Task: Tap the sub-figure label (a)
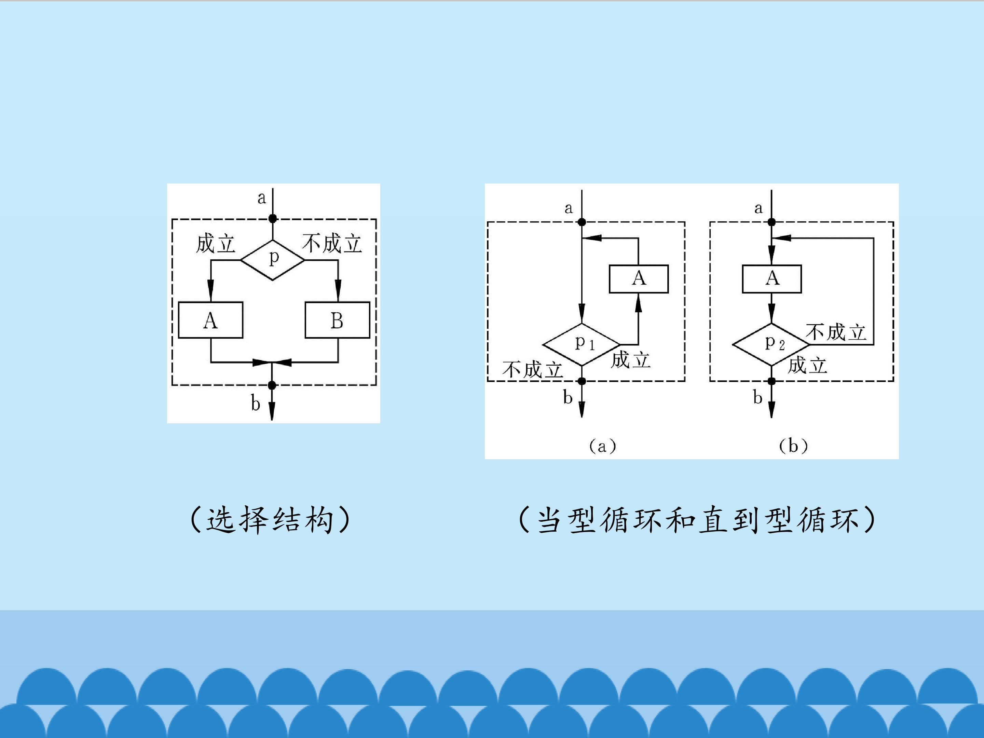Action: coord(603,446)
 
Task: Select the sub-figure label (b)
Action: coord(793,446)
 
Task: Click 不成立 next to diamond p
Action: coord(332,244)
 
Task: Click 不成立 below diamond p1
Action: coord(532,370)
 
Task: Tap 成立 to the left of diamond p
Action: coord(215,244)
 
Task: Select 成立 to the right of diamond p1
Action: coord(630,359)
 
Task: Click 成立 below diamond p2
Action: coord(807,365)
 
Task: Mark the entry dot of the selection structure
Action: coord(273,218)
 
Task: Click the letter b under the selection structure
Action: coord(255,403)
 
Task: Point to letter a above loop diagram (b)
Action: coord(758,208)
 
